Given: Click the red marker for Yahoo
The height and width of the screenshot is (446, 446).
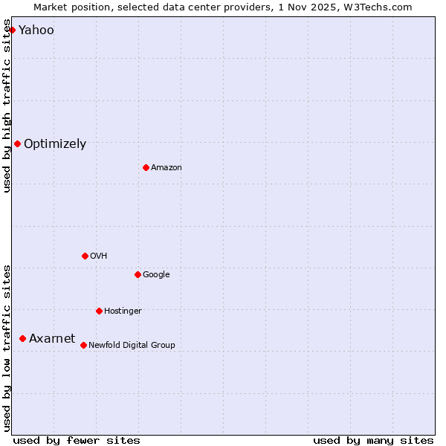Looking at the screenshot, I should pos(12,30).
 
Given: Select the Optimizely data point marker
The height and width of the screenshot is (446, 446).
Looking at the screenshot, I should pos(17,143).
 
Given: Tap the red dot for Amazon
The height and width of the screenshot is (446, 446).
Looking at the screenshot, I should pos(146,167).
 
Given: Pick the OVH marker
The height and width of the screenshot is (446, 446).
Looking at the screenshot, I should pos(85,256).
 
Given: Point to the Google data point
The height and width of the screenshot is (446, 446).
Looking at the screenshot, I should pos(138,274).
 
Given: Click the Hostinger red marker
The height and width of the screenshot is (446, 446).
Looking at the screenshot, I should pos(99,311).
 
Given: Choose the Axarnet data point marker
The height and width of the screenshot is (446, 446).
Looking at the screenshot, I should pos(22,338).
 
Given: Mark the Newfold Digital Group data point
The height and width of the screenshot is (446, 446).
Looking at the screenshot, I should pos(83,345).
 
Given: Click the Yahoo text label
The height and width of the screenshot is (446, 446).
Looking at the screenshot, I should pos(36,30).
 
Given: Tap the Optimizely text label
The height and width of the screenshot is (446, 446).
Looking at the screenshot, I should pos(55,144).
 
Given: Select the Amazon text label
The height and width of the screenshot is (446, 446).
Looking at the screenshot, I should pos(167,168).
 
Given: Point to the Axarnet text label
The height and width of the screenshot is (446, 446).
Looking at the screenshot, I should pos(52,339).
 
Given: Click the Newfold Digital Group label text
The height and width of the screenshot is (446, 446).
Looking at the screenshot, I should pos(132,345).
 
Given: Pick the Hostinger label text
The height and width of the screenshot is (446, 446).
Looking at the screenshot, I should pos(123,311).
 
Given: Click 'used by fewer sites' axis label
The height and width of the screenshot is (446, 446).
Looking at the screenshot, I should pos(77,440).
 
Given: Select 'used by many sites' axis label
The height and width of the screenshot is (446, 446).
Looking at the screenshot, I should pos(373,440).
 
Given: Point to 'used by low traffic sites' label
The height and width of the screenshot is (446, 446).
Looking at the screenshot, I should pos(7,347).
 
